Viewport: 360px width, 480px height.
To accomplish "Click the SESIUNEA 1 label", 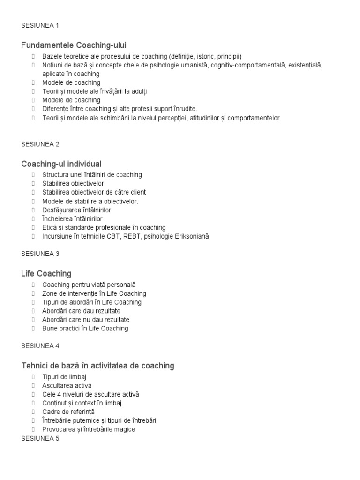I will (x=40, y=25).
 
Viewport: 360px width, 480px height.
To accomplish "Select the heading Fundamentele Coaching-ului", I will (x=74, y=45).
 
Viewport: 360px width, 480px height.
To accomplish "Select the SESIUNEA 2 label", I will (x=40, y=144).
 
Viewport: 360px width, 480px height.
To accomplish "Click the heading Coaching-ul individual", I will (x=61, y=164).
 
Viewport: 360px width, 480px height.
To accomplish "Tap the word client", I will (x=136, y=192).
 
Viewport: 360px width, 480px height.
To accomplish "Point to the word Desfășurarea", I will (x=61, y=210).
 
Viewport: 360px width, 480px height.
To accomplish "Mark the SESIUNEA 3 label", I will (x=40, y=254).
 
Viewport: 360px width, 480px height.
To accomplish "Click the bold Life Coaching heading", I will (x=46, y=273).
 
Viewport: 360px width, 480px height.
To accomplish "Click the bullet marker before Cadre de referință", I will (x=34, y=412).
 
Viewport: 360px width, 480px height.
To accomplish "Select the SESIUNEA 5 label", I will (x=40, y=439).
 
